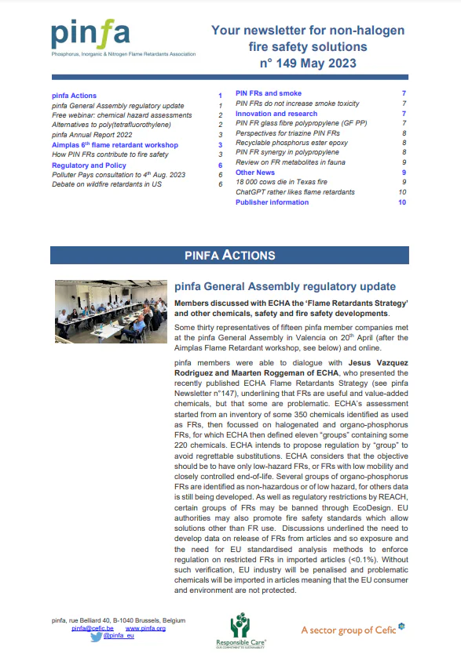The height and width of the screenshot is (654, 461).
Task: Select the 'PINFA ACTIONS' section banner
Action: point(229,255)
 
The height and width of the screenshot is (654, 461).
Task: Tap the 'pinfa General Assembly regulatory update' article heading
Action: point(284,287)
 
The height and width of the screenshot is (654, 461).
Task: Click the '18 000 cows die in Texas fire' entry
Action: point(284,182)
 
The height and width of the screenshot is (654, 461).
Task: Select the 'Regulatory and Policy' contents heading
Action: point(89,165)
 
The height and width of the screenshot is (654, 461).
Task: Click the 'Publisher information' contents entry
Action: point(272,202)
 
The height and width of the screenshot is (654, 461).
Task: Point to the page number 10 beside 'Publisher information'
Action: point(401,202)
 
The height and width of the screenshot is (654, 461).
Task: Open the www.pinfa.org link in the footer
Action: point(145,629)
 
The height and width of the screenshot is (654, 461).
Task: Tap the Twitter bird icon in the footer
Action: point(96,638)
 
